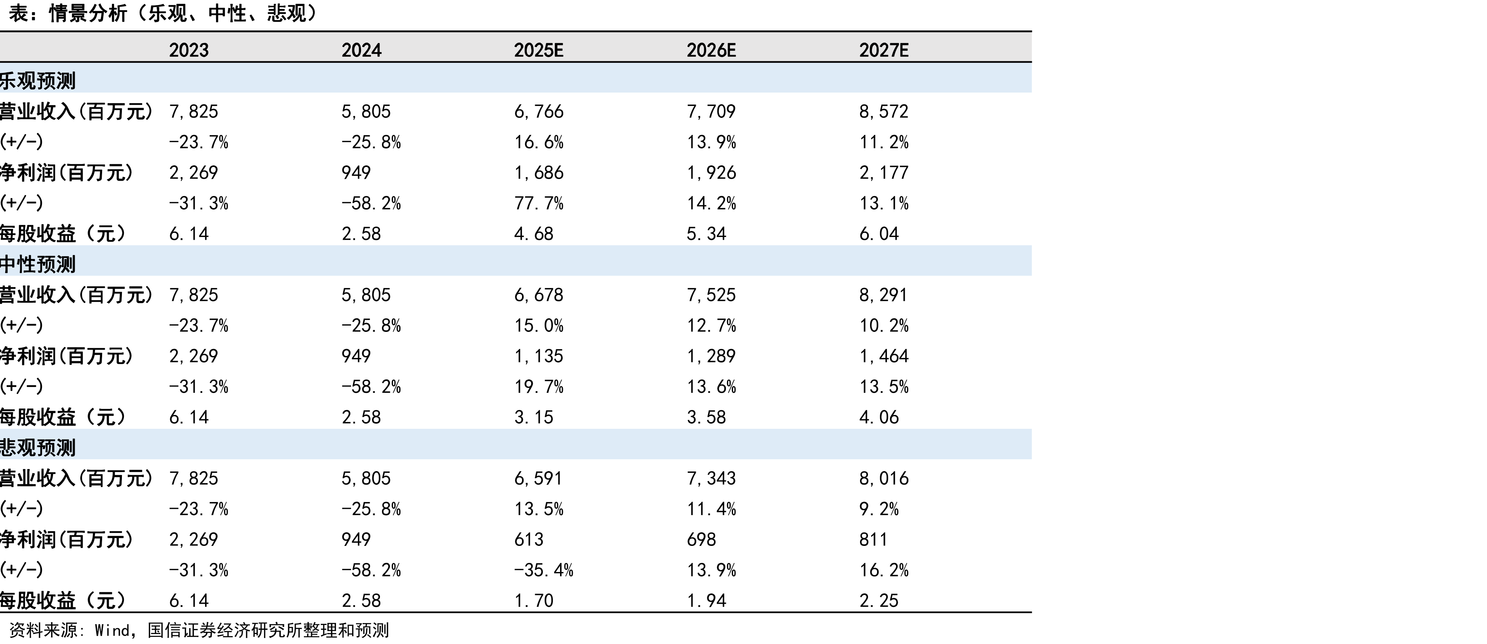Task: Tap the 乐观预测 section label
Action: tap(38, 81)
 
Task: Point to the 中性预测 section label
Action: tap(38, 264)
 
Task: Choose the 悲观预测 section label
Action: tap(38, 448)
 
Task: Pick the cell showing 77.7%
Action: tap(539, 203)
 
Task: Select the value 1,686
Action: tap(539, 172)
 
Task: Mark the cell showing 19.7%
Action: tap(539, 386)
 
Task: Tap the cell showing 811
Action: tap(873, 540)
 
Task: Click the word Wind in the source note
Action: tap(112, 630)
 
